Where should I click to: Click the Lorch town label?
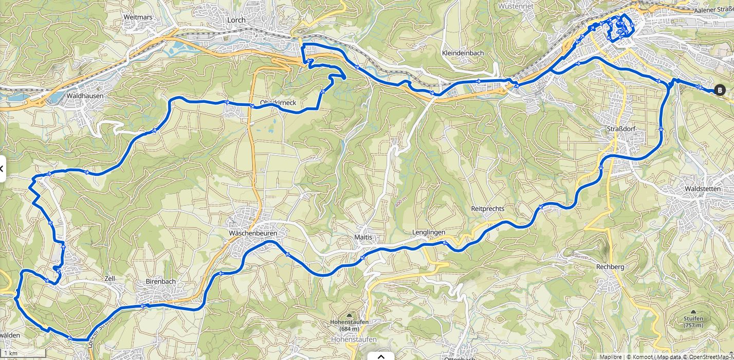tap(236, 20)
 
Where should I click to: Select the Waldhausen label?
tap(85, 96)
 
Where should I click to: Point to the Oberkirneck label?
tap(278, 103)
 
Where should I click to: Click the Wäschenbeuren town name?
tap(253, 233)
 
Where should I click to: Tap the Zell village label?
tap(109, 278)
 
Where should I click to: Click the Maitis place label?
tap(363, 237)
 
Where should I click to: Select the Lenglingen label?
tap(429, 232)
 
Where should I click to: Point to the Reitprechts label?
tap(487, 209)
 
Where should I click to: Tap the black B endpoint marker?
tap(719, 90)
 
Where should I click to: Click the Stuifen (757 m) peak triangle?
tap(693, 312)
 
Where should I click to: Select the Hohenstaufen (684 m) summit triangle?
tap(350, 315)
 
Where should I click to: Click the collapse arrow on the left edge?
tap(2, 169)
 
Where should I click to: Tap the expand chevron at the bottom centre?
tap(381, 356)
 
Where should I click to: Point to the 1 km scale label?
tap(10, 354)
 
